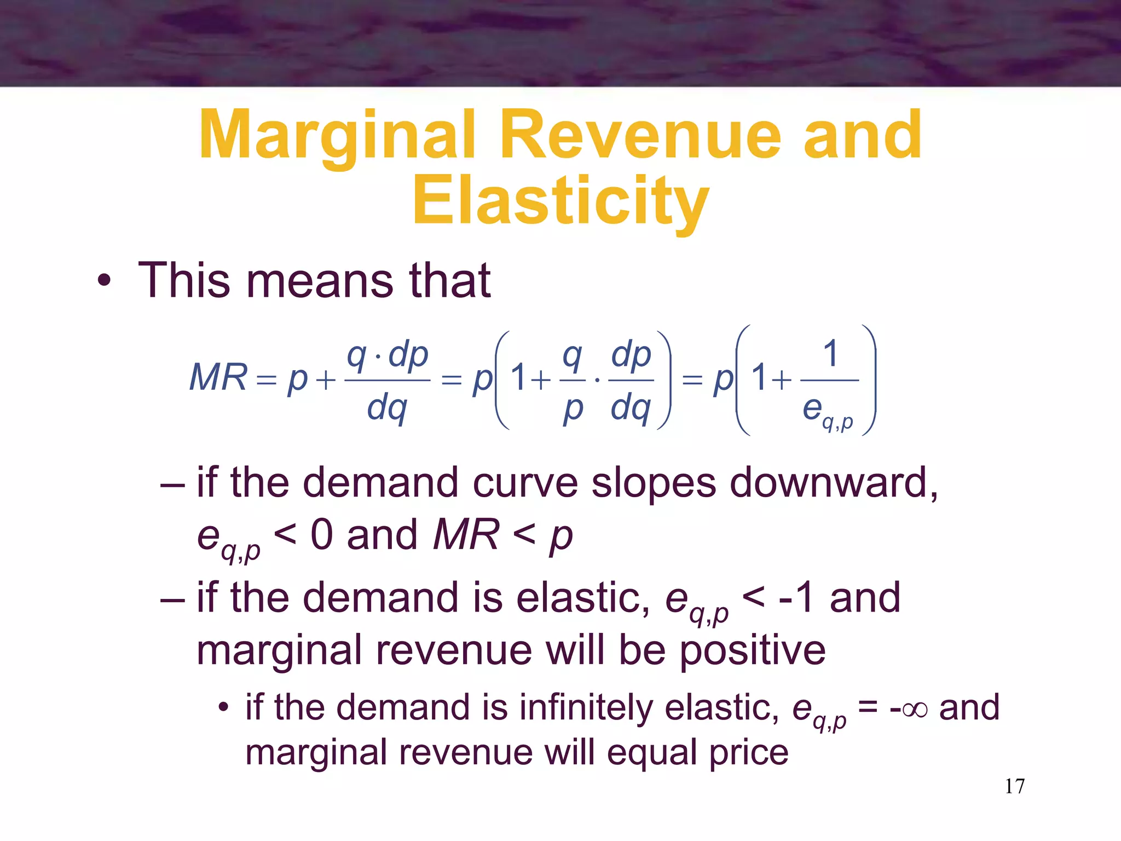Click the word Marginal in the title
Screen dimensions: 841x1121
[336, 136]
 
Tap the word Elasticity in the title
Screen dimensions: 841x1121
[560, 201]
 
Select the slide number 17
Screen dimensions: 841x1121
[1014, 786]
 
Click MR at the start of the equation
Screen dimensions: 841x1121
[218, 378]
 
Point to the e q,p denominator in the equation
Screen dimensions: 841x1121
[827, 412]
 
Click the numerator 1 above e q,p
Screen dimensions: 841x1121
[830, 354]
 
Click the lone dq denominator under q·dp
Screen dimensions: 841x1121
[387, 408]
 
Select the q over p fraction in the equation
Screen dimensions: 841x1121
[573, 380]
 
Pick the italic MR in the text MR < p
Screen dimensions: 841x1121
[466, 535]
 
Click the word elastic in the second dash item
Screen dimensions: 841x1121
[582, 597]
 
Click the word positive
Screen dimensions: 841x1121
[752, 650]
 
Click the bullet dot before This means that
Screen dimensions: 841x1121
[104, 281]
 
